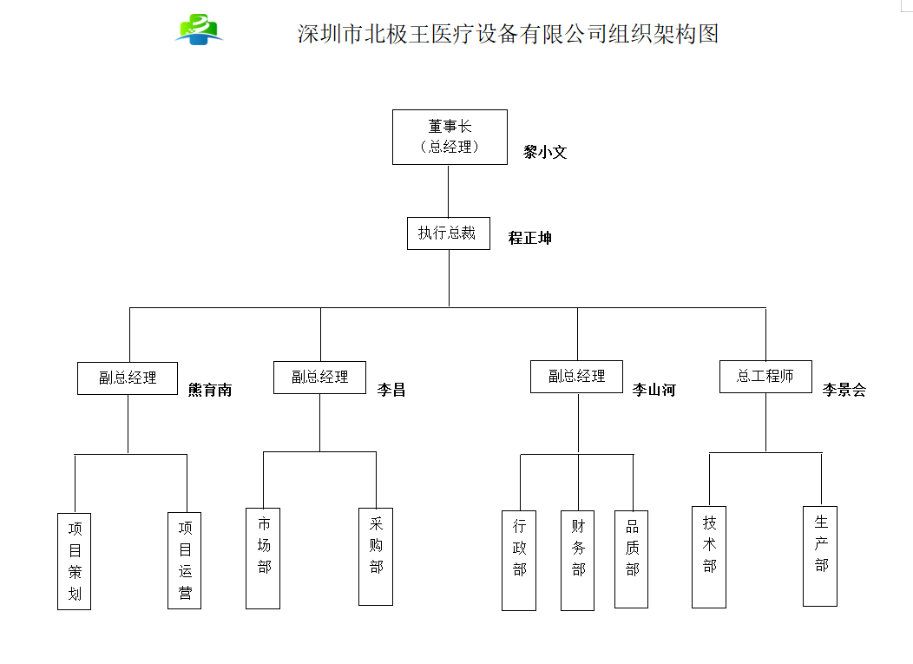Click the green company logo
(x=200, y=30)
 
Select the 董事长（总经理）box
(x=450, y=136)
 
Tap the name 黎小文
(x=545, y=152)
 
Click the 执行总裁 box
(x=448, y=233)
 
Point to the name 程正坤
(x=529, y=238)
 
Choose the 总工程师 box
(x=765, y=376)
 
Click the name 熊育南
(x=210, y=391)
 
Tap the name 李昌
(x=391, y=391)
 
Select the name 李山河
(x=654, y=391)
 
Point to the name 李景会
(x=844, y=391)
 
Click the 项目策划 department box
(x=75, y=561)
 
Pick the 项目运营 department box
(x=185, y=561)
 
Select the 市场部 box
(x=263, y=557)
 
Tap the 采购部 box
(x=376, y=556)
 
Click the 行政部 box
(x=519, y=560)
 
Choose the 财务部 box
(x=578, y=560)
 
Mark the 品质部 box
(x=632, y=559)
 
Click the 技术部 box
(x=709, y=556)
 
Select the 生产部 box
(x=820, y=556)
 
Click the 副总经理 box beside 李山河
(x=576, y=376)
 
